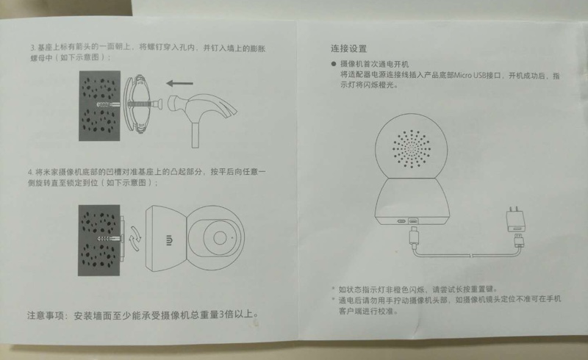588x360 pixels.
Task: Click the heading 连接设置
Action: tap(348, 48)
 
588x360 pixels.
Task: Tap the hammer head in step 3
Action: tap(203, 107)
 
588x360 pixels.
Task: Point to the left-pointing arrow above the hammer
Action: tap(180, 83)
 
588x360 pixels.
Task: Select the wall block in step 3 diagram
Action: tap(99, 106)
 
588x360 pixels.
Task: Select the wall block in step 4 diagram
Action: tap(99, 240)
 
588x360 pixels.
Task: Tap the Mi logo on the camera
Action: tap(169, 240)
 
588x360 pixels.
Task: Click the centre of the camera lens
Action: tap(220, 238)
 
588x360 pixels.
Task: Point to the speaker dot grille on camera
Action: tap(411, 149)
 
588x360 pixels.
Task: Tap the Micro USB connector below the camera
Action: tap(413, 237)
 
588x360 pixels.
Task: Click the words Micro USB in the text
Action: tap(470, 76)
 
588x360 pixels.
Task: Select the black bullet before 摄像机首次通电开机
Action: tap(334, 64)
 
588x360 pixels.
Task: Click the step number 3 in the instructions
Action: tap(32, 48)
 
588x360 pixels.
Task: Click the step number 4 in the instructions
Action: tap(30, 172)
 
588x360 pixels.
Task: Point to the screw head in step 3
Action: tap(159, 104)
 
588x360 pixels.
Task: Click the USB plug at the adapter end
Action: tap(520, 242)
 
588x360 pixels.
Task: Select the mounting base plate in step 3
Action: tap(136, 104)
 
